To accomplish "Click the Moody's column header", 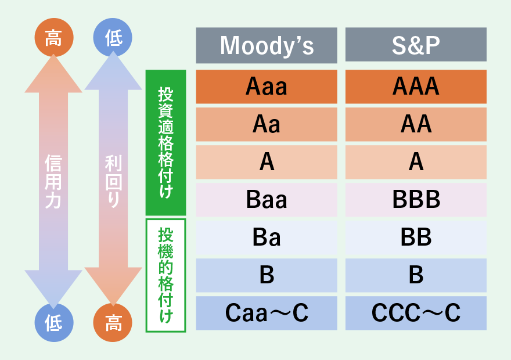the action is (267, 45).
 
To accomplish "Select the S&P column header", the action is (416, 45).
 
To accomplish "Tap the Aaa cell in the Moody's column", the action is (267, 87).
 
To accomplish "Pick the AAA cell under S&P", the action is (416, 87).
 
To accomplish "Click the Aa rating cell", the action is (267, 124).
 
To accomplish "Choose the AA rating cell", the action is (416, 124).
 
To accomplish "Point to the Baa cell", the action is (267, 200).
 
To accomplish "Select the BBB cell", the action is (416, 200).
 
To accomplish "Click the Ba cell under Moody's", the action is (267, 237).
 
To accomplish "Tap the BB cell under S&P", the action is (416, 237).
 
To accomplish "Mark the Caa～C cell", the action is (267, 313).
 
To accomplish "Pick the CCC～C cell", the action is (416, 313).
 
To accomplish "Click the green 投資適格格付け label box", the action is (165, 142).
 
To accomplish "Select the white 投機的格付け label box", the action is (165, 275).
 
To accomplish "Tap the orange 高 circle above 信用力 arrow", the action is (54, 38).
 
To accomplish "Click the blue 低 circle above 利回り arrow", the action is (113, 38).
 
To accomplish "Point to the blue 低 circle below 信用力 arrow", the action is (54, 322).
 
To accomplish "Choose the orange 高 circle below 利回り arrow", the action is (113, 322).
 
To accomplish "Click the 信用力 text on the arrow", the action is (53, 182).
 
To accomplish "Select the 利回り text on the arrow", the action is (113, 182).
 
